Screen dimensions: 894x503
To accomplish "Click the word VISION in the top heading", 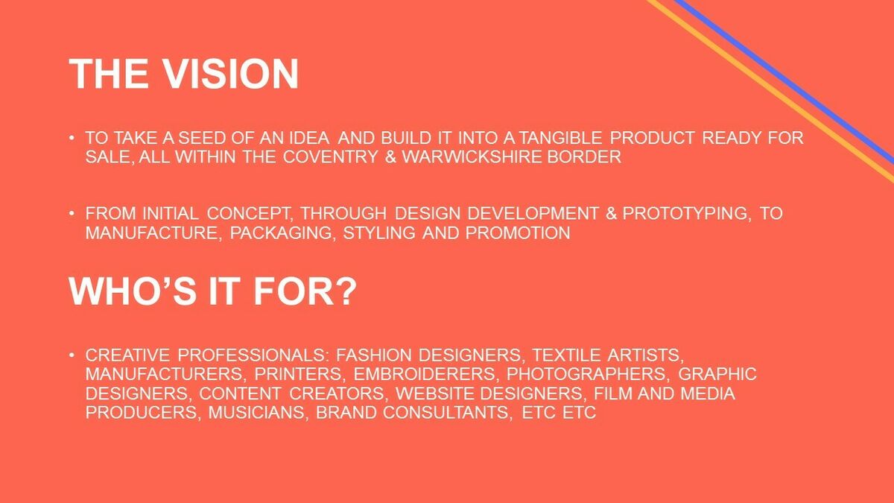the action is pos(231,74).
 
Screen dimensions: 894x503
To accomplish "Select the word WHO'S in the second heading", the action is pos(133,291).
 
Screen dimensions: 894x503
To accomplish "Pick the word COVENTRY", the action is pos(331,156).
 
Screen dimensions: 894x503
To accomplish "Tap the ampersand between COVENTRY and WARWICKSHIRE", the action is pos(390,156).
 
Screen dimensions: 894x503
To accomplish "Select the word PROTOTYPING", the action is pos(685,214).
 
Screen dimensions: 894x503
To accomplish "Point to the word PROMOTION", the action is pos(518,232).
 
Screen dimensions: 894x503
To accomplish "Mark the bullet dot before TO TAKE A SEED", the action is pos(72,138).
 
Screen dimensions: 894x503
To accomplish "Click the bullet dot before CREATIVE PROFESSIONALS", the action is pos(72,355).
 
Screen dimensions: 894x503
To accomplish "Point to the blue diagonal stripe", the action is pos(784,80).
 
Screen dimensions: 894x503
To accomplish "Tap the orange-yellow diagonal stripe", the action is pos(770,91).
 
